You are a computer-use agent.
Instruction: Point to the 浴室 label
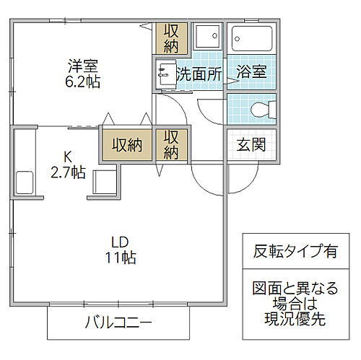(x=249, y=72)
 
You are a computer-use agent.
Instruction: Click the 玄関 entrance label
(x=249, y=144)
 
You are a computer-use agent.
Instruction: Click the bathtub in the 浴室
(x=251, y=40)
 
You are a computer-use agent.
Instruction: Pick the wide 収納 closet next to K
(x=126, y=144)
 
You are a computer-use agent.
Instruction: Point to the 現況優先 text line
(x=295, y=317)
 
